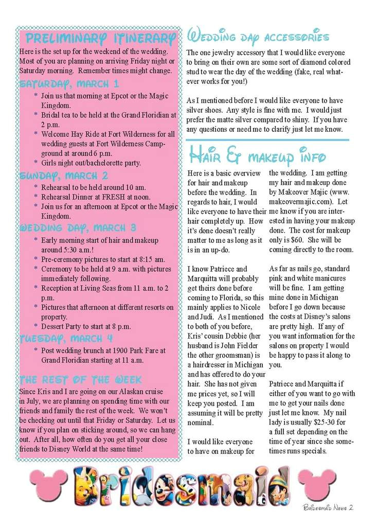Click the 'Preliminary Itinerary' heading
click(x=100, y=39)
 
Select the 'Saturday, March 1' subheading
click(x=69, y=84)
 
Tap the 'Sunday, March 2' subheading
click(x=64, y=175)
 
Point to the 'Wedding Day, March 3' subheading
click(x=78, y=227)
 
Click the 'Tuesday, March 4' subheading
click(x=66, y=338)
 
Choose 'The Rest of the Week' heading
click(x=80, y=380)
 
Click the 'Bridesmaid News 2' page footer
click(x=328, y=507)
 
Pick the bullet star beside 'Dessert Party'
click(x=35, y=326)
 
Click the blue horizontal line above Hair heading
click(x=267, y=140)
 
